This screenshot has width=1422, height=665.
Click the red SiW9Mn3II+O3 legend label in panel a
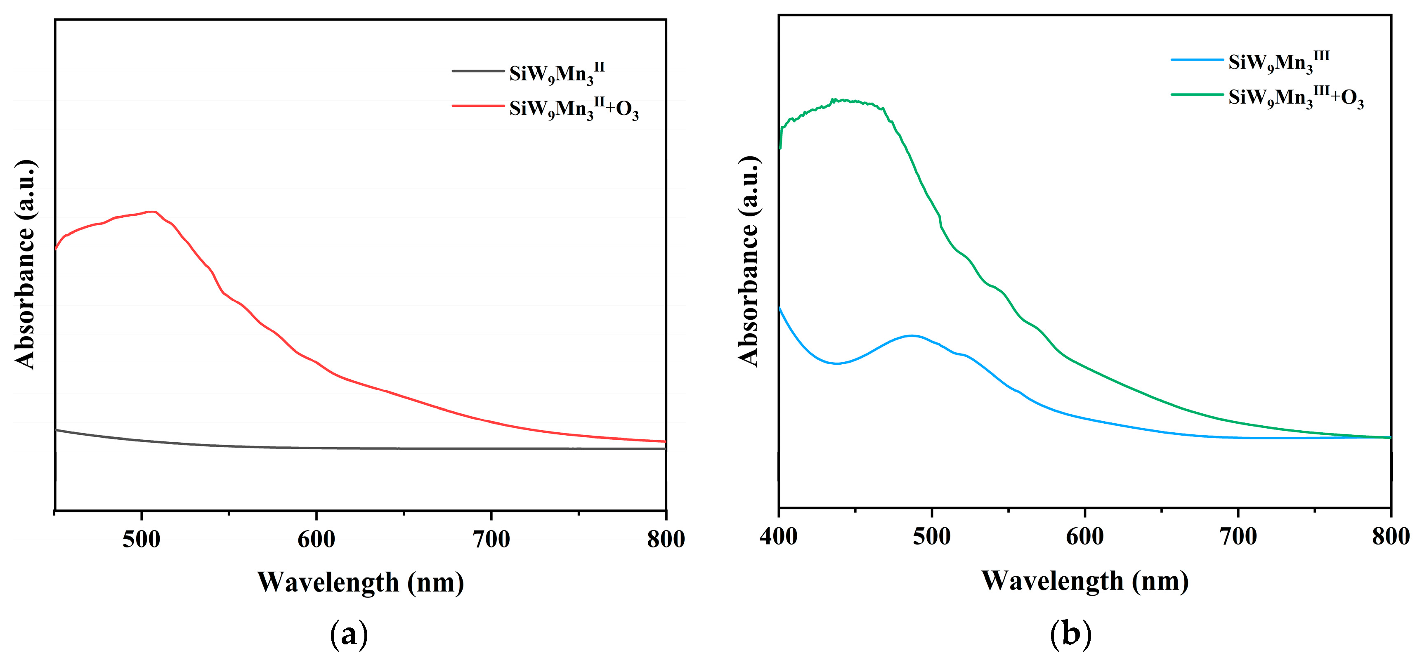point(574,108)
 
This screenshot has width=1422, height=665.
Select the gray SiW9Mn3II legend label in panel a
point(556,73)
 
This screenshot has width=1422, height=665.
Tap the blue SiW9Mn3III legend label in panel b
point(1278,62)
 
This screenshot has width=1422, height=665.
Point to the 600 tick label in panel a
point(317,539)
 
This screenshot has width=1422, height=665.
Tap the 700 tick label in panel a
point(491,539)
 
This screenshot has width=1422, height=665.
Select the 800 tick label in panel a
point(666,539)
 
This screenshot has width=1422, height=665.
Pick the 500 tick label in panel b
point(932,536)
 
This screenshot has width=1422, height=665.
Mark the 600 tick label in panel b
point(1085,536)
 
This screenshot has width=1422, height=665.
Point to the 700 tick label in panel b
point(1238,536)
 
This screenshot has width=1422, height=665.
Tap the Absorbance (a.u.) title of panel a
point(25,264)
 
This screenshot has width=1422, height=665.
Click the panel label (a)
point(348,634)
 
